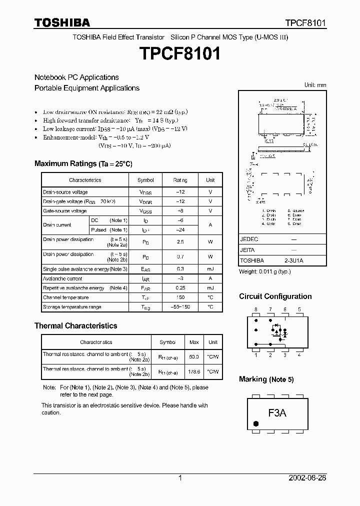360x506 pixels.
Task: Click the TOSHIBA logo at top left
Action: tap(62, 22)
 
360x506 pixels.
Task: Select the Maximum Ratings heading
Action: tap(83, 164)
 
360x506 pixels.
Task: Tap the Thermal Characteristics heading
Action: tap(75, 326)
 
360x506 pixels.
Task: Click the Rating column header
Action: tap(180, 180)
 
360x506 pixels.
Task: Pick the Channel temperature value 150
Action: tap(180, 297)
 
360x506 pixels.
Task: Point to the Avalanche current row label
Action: tap(62, 278)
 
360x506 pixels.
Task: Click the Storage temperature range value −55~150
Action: tap(180, 307)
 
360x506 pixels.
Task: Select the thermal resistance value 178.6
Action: tap(193, 371)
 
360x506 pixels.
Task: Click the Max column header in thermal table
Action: tap(193, 342)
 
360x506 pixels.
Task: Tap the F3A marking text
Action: tap(277, 413)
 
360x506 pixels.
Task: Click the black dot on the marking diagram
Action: tap(256, 423)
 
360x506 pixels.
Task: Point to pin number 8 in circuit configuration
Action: tap(255, 309)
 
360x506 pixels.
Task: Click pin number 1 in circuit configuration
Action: tap(255, 355)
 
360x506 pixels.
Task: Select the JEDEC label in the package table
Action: tap(249, 239)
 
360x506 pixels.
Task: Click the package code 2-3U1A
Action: tap(293, 260)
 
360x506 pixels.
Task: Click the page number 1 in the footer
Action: tap(180, 478)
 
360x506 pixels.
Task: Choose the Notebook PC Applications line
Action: tap(76, 77)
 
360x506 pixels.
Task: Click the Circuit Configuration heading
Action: tap(275, 296)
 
